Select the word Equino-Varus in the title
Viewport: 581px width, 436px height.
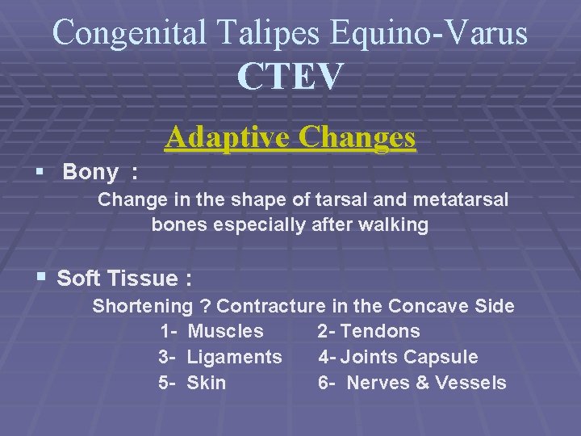pos(428,32)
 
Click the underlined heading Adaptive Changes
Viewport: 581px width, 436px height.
pos(290,137)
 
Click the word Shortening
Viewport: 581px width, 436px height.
pos(142,306)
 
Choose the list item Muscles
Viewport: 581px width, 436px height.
pos(225,331)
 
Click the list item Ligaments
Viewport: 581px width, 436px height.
pos(234,357)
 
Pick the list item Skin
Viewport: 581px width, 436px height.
pos(207,383)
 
